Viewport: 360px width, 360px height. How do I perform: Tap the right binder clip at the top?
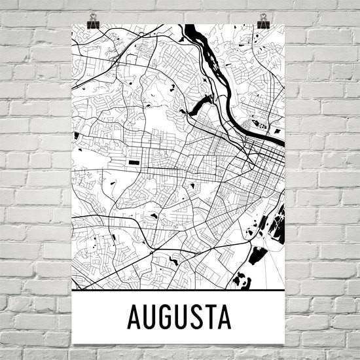click(x=263, y=23)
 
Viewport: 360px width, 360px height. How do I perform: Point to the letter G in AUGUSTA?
click(x=169, y=317)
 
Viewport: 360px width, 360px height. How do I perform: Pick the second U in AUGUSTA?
click(x=187, y=317)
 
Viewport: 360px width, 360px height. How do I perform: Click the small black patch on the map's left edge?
click(x=77, y=136)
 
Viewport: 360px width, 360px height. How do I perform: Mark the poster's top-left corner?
click(x=72, y=25)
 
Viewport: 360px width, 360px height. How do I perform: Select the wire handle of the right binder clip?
click(x=263, y=15)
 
